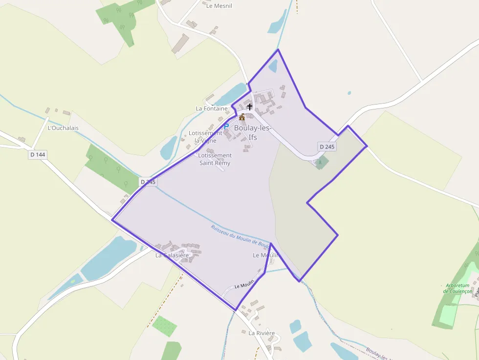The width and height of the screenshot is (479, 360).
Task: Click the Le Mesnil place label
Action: [219, 6]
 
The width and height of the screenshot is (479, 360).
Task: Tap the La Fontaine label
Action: [212, 108]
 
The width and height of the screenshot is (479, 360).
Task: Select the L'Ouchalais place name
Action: [63, 128]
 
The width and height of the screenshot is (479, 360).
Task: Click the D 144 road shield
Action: [37, 154]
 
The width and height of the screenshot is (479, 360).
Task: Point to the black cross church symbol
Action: [250, 106]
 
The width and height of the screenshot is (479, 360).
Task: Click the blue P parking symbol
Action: [226, 126]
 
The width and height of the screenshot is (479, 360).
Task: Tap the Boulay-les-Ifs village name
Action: [252, 132]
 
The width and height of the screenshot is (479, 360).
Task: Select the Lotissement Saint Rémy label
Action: [215, 159]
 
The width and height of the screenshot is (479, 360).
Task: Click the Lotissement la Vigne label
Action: [205, 137]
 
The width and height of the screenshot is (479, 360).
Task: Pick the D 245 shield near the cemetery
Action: [327, 147]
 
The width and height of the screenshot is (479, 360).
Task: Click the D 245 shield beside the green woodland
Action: [148, 182]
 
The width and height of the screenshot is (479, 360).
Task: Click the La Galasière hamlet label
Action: [172, 255]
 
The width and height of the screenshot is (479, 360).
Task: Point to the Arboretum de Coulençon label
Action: [458, 288]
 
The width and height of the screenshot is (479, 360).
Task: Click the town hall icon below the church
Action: [241, 117]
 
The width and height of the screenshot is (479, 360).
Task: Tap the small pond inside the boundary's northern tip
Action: [273, 65]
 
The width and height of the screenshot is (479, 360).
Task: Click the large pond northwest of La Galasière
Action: [109, 257]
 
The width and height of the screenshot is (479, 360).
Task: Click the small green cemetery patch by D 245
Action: [321, 162]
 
